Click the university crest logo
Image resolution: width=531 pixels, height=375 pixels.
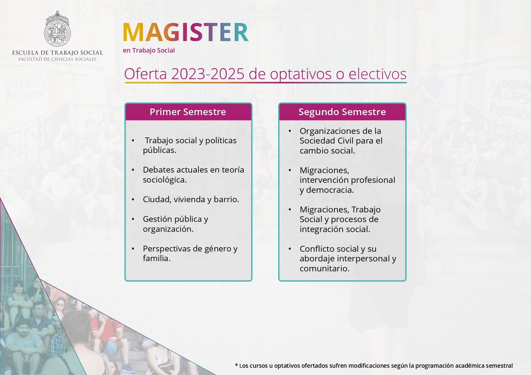tap(58, 29)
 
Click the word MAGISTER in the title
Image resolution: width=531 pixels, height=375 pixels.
tap(186, 32)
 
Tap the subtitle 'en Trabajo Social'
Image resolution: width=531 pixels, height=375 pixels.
tap(149, 50)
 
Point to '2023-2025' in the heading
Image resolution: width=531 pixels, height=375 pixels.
tap(208, 74)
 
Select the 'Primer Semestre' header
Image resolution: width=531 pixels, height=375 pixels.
tap(188, 112)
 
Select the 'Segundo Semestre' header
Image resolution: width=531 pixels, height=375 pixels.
tap(342, 112)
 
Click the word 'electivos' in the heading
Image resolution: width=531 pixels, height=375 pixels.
tap(378, 74)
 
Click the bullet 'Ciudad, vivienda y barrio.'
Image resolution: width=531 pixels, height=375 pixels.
tap(191, 199)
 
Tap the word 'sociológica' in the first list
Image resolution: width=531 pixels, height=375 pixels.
tap(163, 180)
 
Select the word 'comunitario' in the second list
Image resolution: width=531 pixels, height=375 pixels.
tap(324, 269)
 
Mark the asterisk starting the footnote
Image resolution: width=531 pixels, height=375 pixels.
tap(236, 365)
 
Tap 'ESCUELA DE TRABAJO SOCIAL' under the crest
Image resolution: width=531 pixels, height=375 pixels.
tap(58, 53)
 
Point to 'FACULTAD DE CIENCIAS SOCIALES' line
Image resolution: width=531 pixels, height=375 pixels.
tap(58, 59)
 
